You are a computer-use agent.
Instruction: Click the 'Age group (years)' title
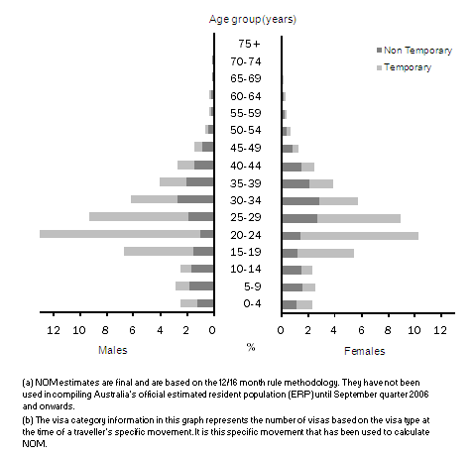[x=252, y=19]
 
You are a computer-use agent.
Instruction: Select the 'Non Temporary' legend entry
[x=416, y=51]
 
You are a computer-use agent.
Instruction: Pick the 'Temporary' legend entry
[x=408, y=67]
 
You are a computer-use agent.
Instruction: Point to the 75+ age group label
[x=249, y=44]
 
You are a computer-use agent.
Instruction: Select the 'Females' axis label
[x=365, y=350]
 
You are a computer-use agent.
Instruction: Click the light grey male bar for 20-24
[x=119, y=234]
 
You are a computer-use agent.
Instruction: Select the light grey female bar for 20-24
[x=359, y=235]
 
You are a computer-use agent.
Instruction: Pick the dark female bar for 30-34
[x=300, y=200]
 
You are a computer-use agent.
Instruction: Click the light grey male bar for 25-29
[x=139, y=216]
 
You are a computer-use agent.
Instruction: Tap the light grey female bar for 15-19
[x=325, y=252]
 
